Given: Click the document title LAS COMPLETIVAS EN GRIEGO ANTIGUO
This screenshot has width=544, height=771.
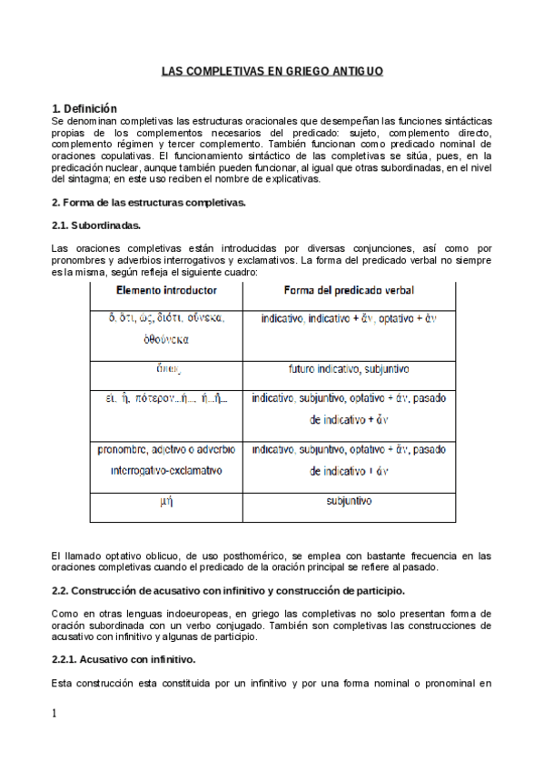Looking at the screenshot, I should click(272, 70).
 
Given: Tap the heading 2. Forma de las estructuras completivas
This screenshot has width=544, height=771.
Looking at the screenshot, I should click(148, 201).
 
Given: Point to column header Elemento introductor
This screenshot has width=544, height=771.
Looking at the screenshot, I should click(166, 290).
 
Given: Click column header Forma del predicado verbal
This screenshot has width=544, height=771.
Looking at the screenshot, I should click(350, 290).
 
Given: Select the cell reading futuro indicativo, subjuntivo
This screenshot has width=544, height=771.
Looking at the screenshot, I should click(350, 369).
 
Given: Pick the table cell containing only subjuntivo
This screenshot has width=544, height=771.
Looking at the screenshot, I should click(350, 501).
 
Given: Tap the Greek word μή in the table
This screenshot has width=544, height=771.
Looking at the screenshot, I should click(166, 502).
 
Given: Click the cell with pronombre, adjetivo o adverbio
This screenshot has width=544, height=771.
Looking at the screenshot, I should click(166, 460).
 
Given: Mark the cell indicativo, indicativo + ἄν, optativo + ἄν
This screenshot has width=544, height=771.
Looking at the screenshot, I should click(350, 319).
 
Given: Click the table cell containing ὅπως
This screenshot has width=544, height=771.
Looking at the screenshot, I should click(166, 369).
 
